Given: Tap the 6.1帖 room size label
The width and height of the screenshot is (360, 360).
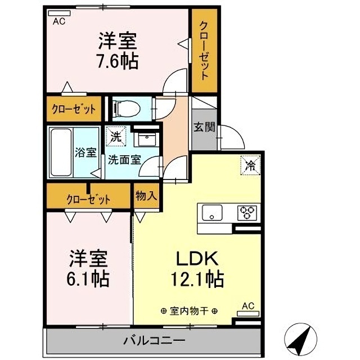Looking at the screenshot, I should pyautogui.click(x=89, y=277).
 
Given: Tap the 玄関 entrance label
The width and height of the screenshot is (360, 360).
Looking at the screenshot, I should pyautogui.click(x=204, y=127).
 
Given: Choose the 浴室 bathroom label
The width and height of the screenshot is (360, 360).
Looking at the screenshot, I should pyautogui.click(x=86, y=152).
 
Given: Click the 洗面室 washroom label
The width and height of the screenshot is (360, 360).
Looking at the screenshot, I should pyautogui.click(x=124, y=159).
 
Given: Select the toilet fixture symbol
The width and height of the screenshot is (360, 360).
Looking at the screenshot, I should pyautogui.click(x=125, y=107).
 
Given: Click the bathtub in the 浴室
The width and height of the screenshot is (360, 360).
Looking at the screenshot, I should pyautogui.click(x=60, y=151).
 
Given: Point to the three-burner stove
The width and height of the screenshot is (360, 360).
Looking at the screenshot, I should pyautogui.click(x=246, y=213).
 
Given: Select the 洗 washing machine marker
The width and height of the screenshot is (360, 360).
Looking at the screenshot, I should pyautogui.click(x=115, y=136).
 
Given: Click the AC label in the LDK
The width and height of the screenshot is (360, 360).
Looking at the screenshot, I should pyautogui.click(x=248, y=307).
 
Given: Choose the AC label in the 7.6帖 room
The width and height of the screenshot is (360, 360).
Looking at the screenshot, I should pyautogui.click(x=58, y=22).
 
